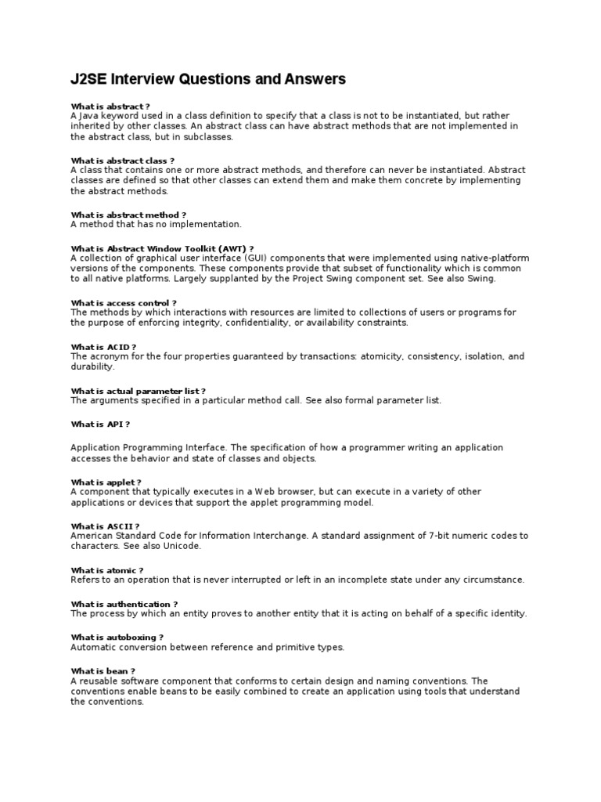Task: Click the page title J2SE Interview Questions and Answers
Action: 208,79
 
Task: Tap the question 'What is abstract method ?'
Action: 128,215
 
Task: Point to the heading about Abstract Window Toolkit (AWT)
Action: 162,248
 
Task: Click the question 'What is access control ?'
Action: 124,302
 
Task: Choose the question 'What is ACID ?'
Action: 103,347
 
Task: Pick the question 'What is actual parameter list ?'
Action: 139,391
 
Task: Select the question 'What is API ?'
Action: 100,424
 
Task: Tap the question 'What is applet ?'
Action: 106,482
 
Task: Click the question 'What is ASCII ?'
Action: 106,526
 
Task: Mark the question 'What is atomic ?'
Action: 107,570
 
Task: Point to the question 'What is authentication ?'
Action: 124,604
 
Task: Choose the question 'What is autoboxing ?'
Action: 117,638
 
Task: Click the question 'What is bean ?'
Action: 103,671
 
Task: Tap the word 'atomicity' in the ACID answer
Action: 381,356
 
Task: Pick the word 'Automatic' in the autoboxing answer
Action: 93,647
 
